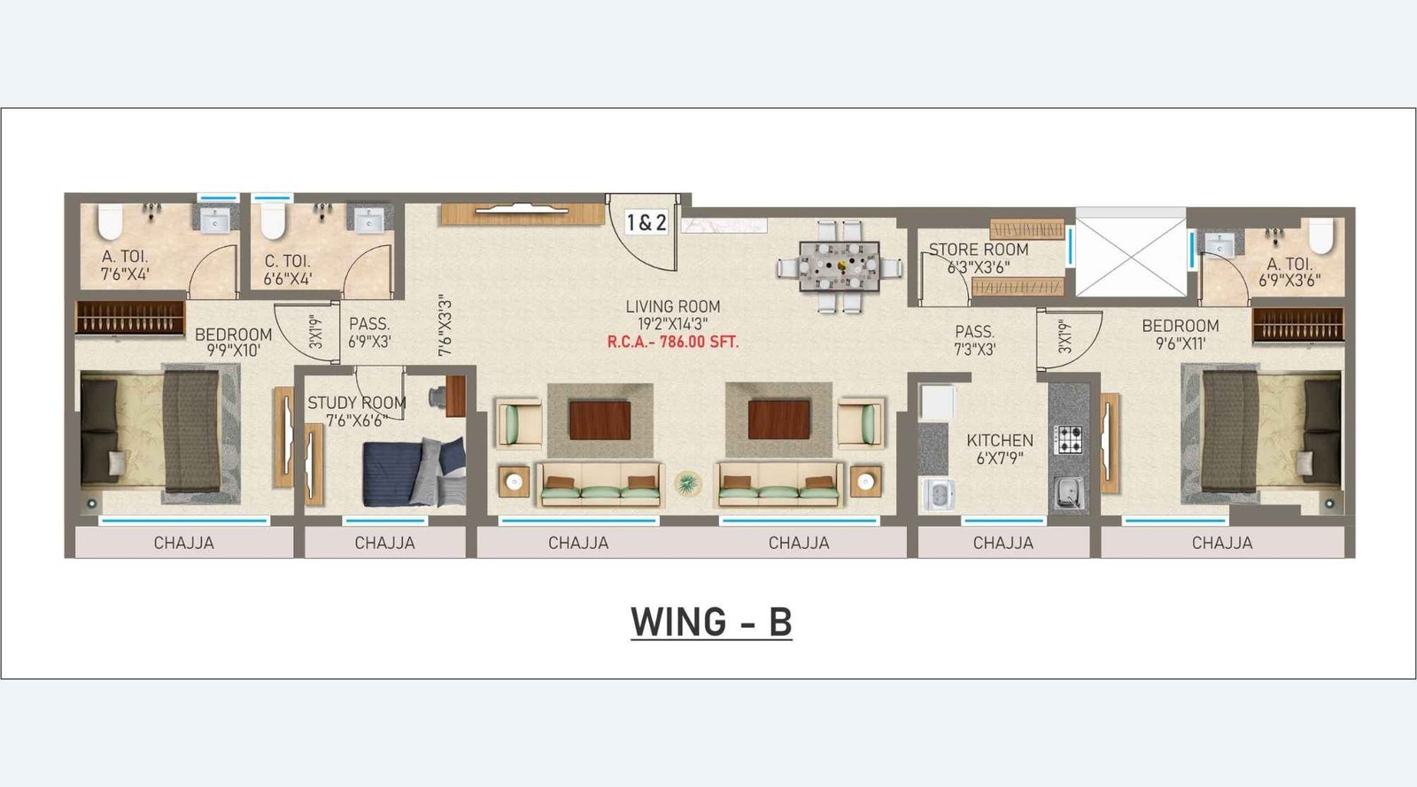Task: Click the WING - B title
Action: [x=711, y=621]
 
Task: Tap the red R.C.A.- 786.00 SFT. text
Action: [x=672, y=343]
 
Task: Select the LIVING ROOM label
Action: [x=673, y=306]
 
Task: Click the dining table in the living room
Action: [x=840, y=266]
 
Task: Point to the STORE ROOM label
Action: [x=978, y=250]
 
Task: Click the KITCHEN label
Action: [x=1000, y=441]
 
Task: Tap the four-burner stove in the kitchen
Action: [x=1068, y=439]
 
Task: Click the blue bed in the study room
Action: [x=414, y=472]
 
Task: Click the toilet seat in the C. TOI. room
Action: [x=273, y=220]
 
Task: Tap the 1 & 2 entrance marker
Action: [x=646, y=222]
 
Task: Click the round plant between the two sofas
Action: [x=687, y=483]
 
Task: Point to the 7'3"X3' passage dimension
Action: [x=975, y=349]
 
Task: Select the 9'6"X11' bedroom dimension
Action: [x=1181, y=343]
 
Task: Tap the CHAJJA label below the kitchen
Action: [x=1003, y=543]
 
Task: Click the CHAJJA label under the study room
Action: [x=384, y=543]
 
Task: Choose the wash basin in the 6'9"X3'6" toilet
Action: [x=1220, y=243]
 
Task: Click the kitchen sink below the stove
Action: [x=1068, y=491]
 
